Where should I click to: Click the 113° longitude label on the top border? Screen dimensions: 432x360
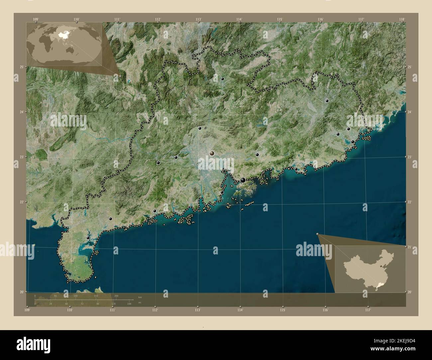198,19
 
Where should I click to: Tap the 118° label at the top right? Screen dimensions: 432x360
403,19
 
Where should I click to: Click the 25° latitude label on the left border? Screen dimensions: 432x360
21,67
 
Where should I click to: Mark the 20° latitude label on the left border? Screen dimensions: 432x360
21,292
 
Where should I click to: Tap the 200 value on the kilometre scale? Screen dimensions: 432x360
116,296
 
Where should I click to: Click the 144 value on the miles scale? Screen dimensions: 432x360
129,304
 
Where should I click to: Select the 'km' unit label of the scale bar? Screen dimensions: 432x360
140,297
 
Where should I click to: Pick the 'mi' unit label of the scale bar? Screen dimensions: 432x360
140,303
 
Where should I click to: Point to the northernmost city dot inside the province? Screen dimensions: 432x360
223,79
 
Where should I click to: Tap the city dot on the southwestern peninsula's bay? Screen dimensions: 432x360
88,238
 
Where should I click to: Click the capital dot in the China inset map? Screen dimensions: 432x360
381,266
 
